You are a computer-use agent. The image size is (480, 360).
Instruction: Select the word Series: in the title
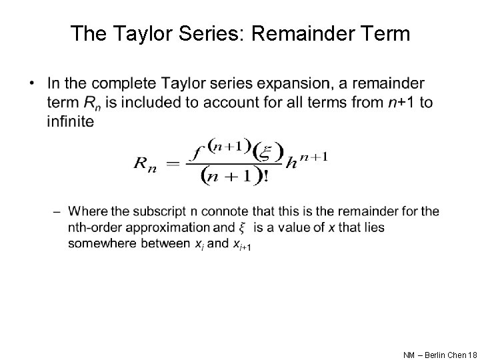click(x=199, y=33)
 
